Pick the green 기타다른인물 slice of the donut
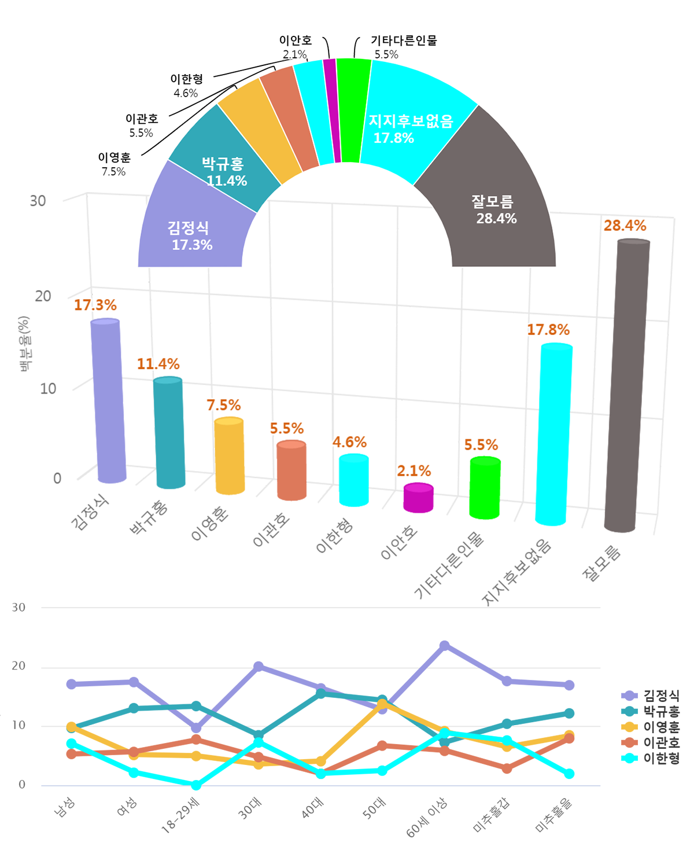pos(353,110)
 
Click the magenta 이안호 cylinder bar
pos(418,498)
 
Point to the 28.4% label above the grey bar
pos(625,226)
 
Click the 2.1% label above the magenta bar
pos(414,471)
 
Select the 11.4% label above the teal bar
pos(158,364)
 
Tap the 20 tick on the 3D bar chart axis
pos(43,296)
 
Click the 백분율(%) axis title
pos(24,343)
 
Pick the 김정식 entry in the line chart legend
pos(661,696)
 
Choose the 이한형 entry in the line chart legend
pos(661,758)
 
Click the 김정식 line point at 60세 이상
pos(444,646)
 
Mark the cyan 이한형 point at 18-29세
pos(196,785)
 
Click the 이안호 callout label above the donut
pos(296,41)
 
